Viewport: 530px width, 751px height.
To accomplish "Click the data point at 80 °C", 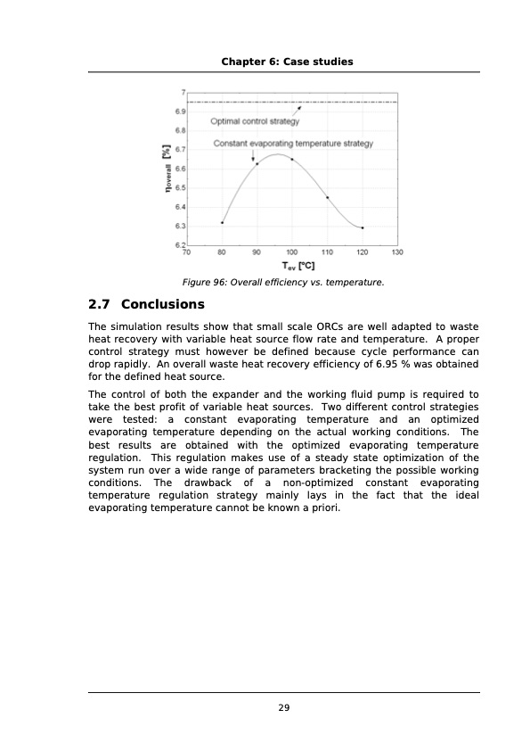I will point(222,223).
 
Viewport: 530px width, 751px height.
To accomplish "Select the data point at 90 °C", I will point(257,163).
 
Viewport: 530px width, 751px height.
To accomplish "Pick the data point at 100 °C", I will point(292,160).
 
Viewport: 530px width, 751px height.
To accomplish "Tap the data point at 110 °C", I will point(328,197).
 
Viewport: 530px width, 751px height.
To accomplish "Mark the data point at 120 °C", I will point(363,227).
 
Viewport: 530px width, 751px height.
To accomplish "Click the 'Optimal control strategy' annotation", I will point(255,121).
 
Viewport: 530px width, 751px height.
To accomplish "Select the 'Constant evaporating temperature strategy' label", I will point(293,143).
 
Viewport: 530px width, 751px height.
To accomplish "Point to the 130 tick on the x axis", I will point(397,252).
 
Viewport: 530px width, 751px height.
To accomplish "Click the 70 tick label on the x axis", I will point(186,252).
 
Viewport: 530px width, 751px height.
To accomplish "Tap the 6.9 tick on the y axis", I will point(179,111).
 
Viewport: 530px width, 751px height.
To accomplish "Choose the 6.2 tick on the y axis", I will point(179,244).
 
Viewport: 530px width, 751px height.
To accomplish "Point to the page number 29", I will point(284,708).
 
